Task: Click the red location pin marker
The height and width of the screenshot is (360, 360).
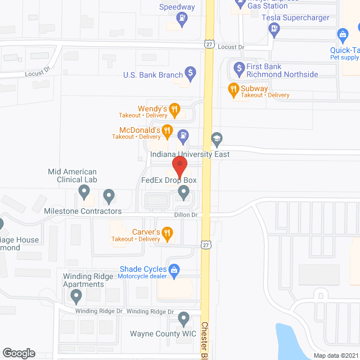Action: click(179, 167)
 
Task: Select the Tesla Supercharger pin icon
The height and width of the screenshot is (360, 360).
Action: click(274, 31)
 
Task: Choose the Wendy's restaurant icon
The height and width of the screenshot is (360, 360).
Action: click(174, 109)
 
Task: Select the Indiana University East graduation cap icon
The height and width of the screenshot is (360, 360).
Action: click(216, 138)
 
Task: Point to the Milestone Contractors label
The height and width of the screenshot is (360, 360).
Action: click(83, 211)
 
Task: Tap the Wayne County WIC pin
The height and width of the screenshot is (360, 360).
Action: click(183, 319)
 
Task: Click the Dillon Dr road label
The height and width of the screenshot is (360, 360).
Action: click(186, 215)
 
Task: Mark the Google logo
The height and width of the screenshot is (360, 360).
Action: click(18, 353)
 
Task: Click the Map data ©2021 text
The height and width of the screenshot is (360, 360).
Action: click(335, 355)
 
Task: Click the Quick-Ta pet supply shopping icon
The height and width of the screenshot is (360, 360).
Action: click(342, 35)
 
